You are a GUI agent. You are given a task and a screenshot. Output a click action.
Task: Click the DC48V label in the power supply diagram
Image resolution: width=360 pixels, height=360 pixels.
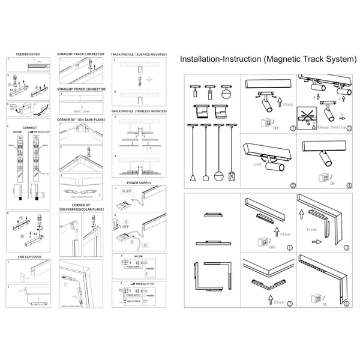[126, 191]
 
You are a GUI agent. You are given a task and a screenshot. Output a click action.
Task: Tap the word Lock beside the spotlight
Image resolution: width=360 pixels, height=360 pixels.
[257, 163]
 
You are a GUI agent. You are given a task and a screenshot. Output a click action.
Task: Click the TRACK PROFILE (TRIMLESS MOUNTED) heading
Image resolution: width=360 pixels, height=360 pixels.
[139, 112]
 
